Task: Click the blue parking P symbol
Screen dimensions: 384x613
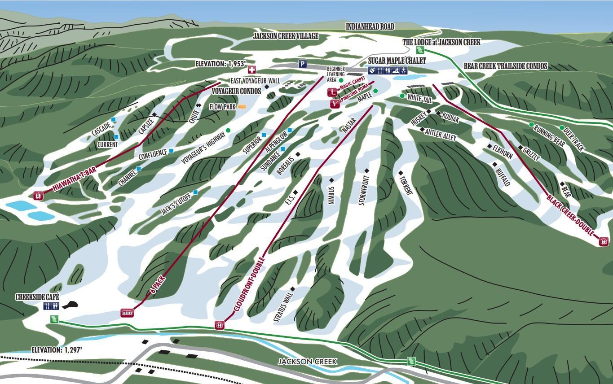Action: point(303,64)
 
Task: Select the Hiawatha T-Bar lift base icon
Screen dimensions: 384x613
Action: point(39,196)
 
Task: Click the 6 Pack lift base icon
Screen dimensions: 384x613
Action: point(127,313)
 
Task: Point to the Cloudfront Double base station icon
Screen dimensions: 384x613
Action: point(220,325)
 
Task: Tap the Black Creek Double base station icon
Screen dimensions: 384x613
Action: point(604,241)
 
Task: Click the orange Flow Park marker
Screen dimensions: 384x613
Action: point(242,107)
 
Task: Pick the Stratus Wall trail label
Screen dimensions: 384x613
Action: point(283,306)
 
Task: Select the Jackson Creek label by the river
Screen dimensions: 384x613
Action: point(307,362)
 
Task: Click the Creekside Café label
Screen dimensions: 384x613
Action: point(37,297)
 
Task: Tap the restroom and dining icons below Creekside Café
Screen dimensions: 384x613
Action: point(51,306)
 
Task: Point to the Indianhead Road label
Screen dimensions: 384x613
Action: point(370,27)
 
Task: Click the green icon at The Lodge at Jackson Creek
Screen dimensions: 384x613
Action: point(420,50)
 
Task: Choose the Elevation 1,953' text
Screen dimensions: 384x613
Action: point(220,64)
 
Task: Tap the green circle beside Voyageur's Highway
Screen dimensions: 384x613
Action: point(228,130)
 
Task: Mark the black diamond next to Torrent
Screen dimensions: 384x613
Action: point(401,173)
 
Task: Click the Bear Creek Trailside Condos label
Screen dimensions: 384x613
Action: point(505,66)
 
